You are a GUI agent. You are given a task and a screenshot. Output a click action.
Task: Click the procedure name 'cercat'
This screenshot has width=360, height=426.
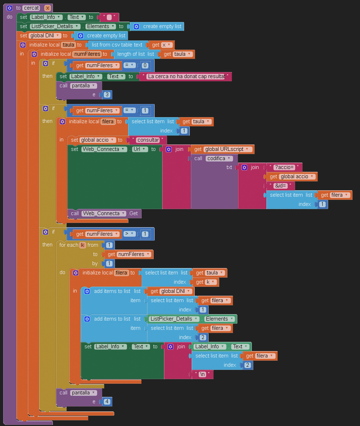pyautogui.click(x=32, y=8)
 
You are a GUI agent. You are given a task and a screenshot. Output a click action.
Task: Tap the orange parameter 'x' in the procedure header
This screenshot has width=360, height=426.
pyautogui.click(x=48, y=8)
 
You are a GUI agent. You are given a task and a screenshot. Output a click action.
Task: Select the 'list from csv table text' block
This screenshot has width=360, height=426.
pyautogui.click(x=117, y=45)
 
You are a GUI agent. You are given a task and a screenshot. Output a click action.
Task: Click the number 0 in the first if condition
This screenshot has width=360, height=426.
pyautogui.click(x=145, y=65)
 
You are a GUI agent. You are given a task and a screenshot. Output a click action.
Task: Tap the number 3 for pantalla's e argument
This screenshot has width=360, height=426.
pyautogui.click(x=106, y=94)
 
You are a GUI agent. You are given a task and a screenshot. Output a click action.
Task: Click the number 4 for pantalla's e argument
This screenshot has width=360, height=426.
pyautogui.click(x=106, y=402)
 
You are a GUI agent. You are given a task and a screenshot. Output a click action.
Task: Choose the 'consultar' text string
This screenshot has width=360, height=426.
pyautogui.click(x=148, y=140)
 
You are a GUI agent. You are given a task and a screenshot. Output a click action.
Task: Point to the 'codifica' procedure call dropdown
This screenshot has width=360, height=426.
pyautogui.click(x=219, y=158)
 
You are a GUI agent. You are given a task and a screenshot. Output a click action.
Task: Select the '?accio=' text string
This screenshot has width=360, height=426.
pyautogui.click(x=284, y=167)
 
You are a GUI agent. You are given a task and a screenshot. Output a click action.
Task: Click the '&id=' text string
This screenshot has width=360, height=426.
pyautogui.click(x=281, y=186)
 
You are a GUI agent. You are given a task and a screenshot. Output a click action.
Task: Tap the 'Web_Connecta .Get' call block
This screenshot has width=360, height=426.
pyautogui.click(x=105, y=213)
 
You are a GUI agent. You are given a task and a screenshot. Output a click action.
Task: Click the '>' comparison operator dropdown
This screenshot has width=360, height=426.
pyautogui.click(x=129, y=234)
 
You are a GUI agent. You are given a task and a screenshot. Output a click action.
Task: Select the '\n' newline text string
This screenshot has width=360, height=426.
pyautogui.click(x=203, y=374)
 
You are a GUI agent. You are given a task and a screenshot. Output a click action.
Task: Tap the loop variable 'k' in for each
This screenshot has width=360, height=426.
pyautogui.click(x=83, y=245)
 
